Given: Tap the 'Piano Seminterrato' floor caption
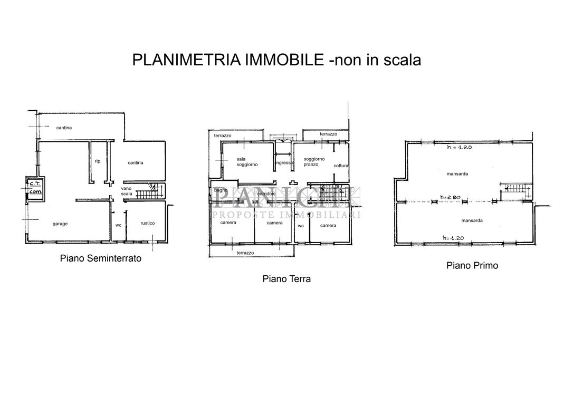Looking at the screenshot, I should click(100, 259).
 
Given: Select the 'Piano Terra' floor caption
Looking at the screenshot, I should click(286, 279).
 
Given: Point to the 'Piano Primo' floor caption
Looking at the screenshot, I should click(472, 265).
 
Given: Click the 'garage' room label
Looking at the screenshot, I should click(60, 224).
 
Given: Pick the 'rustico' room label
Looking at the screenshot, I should click(148, 223).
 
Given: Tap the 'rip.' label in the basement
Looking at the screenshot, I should click(98, 161).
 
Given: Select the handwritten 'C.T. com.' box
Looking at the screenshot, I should click(35, 188).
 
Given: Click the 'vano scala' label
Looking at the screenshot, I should click(126, 191).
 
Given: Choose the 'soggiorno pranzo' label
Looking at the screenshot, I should click(314, 161).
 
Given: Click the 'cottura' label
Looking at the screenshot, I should click(341, 166).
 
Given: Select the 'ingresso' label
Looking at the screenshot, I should click(284, 163).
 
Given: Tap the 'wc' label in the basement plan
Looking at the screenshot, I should click(118, 225).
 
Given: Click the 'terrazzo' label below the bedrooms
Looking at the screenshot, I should click(245, 253).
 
